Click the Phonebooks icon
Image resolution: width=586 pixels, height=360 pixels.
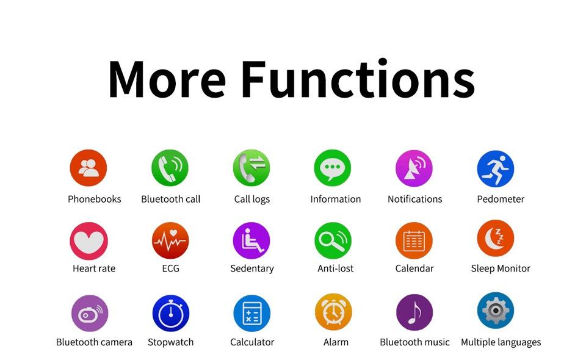88,168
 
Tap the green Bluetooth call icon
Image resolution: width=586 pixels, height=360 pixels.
170,168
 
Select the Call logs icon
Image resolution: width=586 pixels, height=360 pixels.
251,168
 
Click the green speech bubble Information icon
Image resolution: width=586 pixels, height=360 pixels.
333,168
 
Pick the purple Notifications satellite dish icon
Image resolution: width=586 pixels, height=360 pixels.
414,168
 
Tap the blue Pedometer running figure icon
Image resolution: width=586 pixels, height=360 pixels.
496,168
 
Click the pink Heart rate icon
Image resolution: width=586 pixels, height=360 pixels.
89,241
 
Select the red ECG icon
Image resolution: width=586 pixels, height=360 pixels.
170,240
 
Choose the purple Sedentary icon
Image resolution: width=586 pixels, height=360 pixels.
251,240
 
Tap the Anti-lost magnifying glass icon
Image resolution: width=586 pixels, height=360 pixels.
333,240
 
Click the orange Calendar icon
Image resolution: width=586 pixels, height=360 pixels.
414,240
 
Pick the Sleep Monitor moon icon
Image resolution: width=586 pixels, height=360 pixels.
496,238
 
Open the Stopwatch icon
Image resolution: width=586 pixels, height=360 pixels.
171,313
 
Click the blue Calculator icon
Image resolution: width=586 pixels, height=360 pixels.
252,313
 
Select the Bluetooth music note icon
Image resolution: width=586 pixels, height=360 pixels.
414,312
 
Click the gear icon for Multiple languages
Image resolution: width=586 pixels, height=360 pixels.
496,311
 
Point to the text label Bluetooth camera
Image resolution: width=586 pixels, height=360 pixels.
94,342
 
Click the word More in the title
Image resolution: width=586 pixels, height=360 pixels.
167,79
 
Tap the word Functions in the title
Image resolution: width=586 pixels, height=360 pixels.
358,78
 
